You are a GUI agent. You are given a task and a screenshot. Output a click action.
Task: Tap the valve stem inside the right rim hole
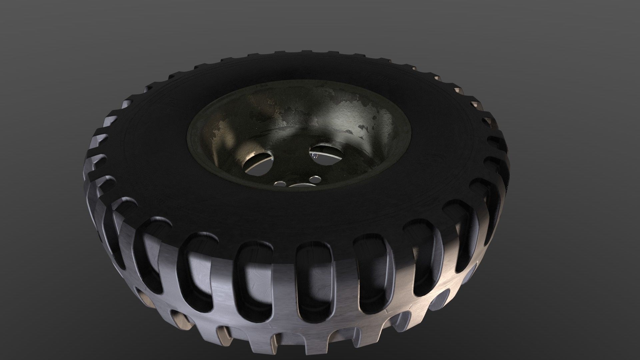[x=314, y=156]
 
